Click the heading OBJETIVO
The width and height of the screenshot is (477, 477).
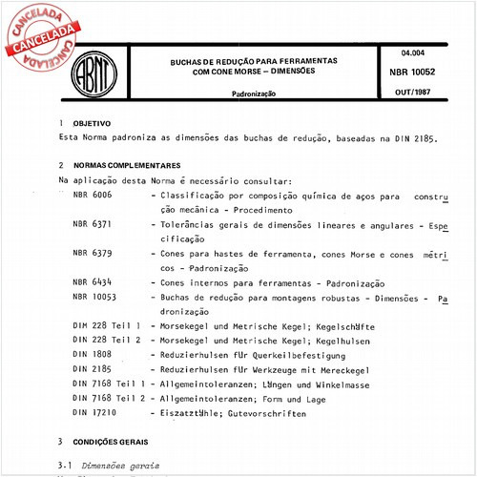[x=92, y=124]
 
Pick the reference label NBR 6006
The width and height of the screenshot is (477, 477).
[x=92, y=195]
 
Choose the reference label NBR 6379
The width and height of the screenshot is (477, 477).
[x=92, y=253]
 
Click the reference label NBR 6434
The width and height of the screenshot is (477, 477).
[x=92, y=282]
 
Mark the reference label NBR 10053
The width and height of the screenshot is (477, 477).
[x=94, y=298]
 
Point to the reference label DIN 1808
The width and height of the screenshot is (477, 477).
[x=91, y=354]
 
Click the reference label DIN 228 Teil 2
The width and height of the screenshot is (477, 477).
[x=107, y=340]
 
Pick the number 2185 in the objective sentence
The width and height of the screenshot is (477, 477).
[x=421, y=138]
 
